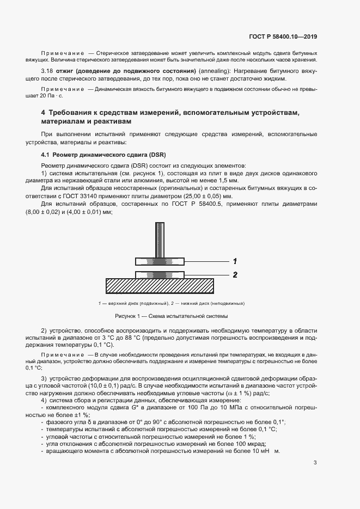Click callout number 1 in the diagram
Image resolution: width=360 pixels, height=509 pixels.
[x=235, y=260]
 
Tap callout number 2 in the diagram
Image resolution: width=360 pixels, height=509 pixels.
[x=235, y=274]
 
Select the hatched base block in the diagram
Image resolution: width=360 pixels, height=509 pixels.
[x=161, y=285]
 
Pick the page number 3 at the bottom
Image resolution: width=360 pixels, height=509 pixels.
[x=315, y=463]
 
